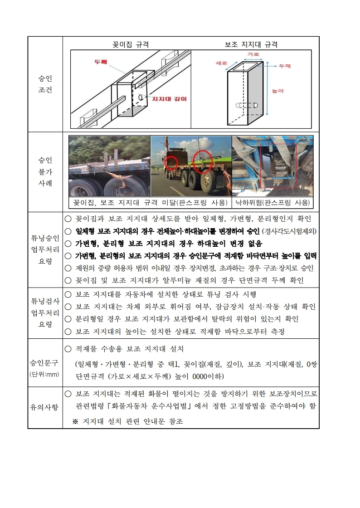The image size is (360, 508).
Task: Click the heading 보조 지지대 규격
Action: [x=251, y=44]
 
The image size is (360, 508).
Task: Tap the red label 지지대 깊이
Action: [x=169, y=98]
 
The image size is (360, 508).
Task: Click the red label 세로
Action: [x=222, y=63]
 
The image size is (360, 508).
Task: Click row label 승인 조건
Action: [x=45, y=84]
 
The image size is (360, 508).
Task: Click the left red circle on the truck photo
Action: [x=171, y=163]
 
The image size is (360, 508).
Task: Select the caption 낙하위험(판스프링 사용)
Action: [x=273, y=202]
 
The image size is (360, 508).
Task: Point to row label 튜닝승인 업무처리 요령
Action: [x=45, y=249]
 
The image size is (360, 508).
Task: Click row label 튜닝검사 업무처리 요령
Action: [x=45, y=313]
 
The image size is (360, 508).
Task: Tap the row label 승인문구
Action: [x=45, y=363]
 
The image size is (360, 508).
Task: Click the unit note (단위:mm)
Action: [x=45, y=374]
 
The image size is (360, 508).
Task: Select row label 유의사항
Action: [x=45, y=407]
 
